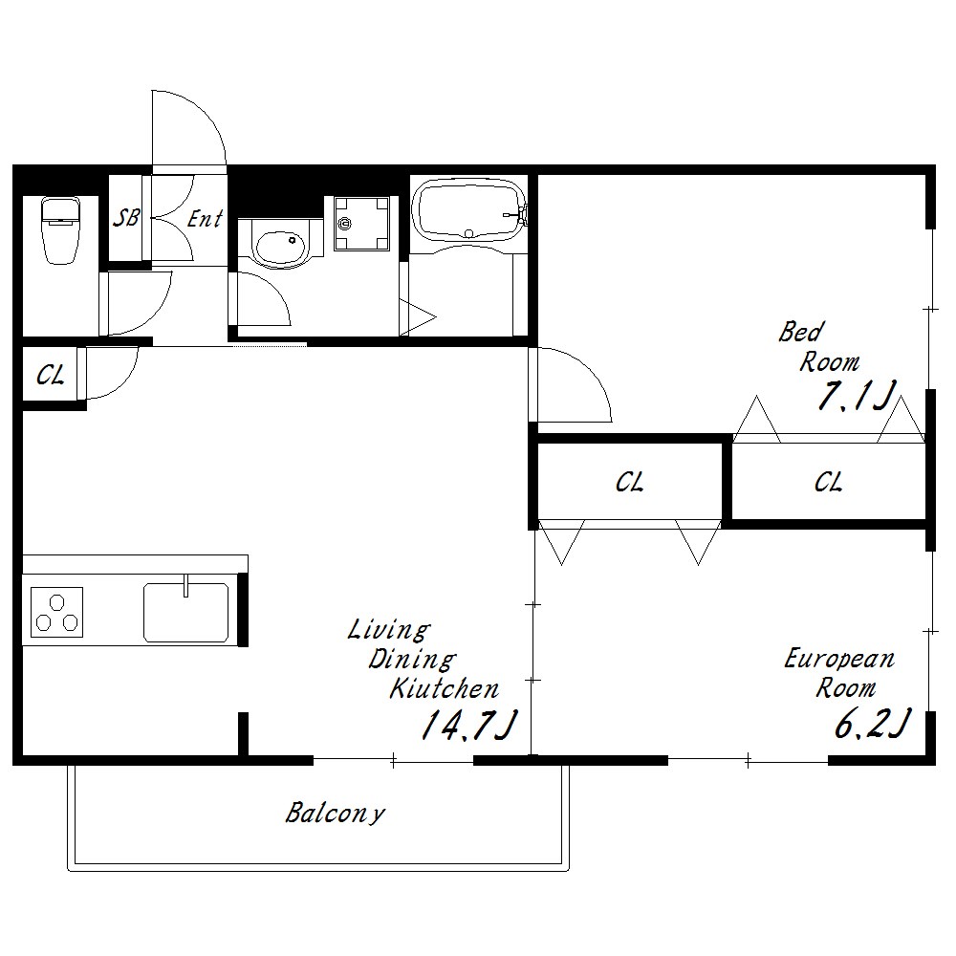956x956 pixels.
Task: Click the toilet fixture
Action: (x=60, y=230)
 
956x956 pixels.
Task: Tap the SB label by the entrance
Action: (x=126, y=218)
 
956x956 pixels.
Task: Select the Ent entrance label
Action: (x=205, y=218)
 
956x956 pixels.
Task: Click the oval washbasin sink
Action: (x=280, y=248)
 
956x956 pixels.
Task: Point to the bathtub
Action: (x=468, y=210)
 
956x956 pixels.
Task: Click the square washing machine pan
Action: (x=361, y=223)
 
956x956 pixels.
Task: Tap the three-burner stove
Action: (x=56, y=612)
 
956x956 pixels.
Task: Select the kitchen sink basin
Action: (x=186, y=612)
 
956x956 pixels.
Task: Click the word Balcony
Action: (x=335, y=813)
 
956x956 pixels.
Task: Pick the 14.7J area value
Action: (x=468, y=725)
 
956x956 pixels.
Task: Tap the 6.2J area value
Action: (x=873, y=723)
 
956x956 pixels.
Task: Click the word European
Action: (x=839, y=659)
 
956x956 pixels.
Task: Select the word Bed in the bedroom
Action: (x=800, y=332)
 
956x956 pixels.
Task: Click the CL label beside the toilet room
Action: (x=50, y=375)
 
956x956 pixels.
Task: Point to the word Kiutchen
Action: (x=444, y=688)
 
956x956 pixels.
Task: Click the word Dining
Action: (x=412, y=659)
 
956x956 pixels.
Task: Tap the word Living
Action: (x=389, y=630)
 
